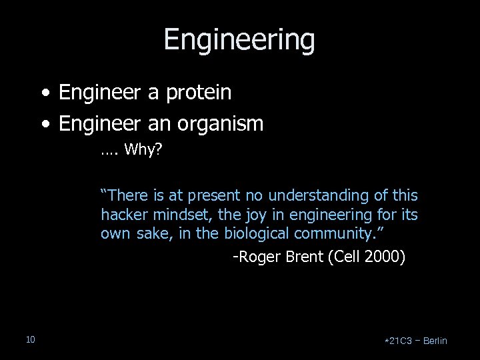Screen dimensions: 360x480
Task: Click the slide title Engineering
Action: coord(239,39)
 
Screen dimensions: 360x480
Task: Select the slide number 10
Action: coord(30,341)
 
